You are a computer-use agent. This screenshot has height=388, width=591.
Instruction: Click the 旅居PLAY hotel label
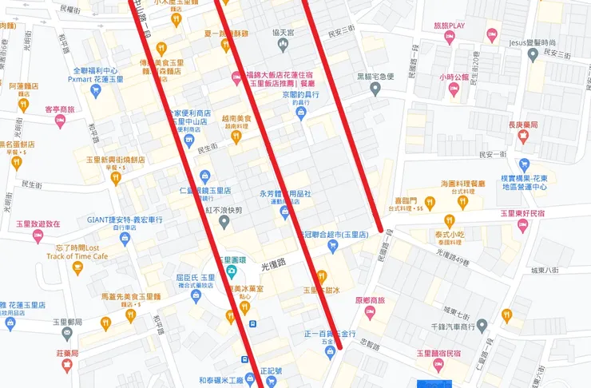[x=449, y=26]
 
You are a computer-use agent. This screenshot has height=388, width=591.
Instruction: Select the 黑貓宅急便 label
[x=375, y=77]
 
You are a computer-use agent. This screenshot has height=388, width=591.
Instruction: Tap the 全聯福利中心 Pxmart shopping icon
[x=96, y=90]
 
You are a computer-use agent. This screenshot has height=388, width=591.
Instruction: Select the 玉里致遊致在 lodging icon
[x=38, y=236]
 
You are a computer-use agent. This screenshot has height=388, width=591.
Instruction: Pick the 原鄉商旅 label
[x=370, y=301]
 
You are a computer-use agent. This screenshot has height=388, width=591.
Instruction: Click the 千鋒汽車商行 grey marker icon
[x=482, y=325]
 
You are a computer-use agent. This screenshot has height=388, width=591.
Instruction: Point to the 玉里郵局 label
[x=68, y=323]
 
